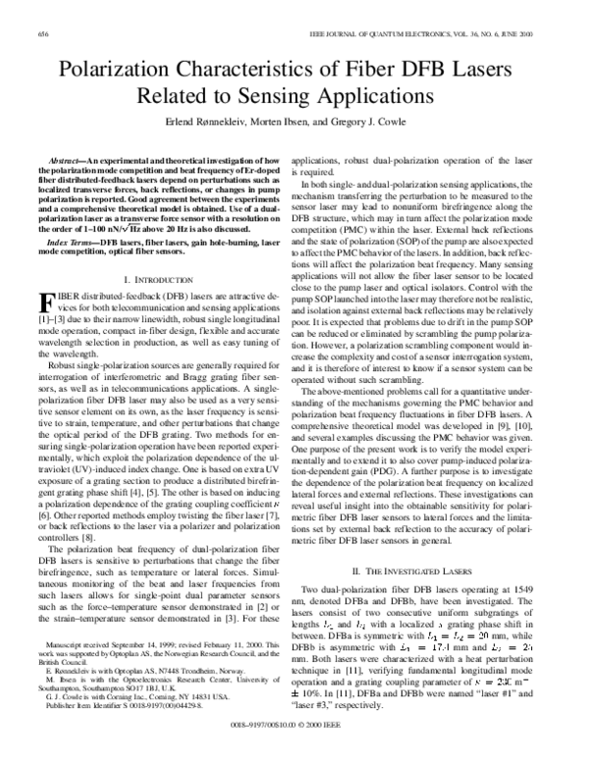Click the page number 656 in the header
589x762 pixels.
pos(41,33)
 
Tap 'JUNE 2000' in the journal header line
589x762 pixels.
pos(530,33)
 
